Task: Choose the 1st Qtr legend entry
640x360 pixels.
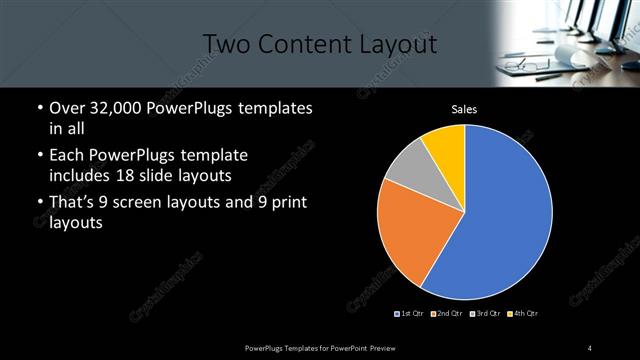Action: [x=409, y=314]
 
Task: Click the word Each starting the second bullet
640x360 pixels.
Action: [x=66, y=156]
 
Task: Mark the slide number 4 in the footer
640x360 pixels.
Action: [x=590, y=347]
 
